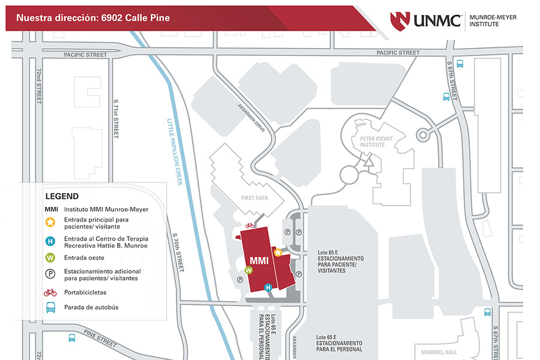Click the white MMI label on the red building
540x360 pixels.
[x=259, y=261]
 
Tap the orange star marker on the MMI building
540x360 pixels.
[x=278, y=253]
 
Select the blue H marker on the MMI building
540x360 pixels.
[x=269, y=287]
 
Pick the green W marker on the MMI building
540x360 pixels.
[x=249, y=270]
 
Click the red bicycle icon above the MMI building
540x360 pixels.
[x=249, y=226]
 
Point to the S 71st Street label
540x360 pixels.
[x=115, y=124]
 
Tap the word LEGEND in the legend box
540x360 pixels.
[x=62, y=196]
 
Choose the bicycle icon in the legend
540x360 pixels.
[x=50, y=293]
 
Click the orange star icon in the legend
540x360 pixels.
[x=50, y=223]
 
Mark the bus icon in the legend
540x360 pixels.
[x=50, y=308]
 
